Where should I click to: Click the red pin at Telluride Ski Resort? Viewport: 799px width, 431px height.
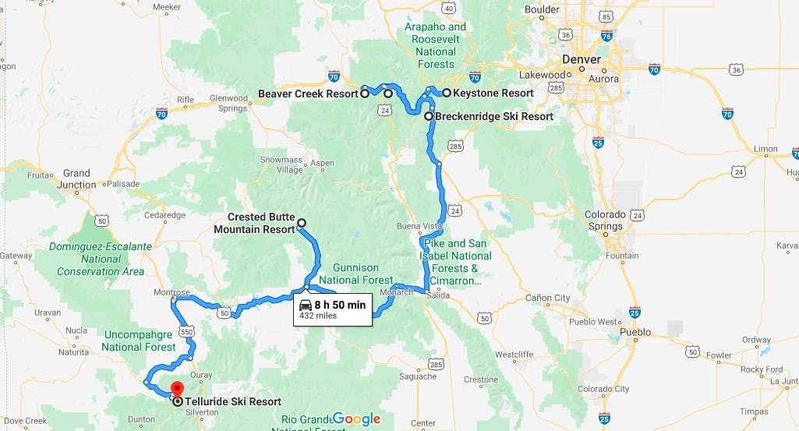[x=176, y=389]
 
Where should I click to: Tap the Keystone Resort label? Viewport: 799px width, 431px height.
[x=494, y=93]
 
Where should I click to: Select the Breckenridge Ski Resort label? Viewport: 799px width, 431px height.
[x=494, y=116]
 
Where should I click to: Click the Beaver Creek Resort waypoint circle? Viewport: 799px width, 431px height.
[x=365, y=94]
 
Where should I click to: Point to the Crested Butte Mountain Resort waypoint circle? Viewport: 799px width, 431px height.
[x=302, y=222]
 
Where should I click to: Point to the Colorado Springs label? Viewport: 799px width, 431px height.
[x=606, y=220]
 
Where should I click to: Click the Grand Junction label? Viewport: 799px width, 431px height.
[x=76, y=179]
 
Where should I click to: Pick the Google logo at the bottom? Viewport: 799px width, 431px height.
[x=356, y=419]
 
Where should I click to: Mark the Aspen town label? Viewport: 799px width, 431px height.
[x=322, y=163]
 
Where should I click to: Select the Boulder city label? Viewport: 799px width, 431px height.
[x=542, y=9]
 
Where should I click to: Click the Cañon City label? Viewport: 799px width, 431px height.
[x=548, y=298]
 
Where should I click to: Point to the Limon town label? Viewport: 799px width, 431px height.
[x=766, y=149]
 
